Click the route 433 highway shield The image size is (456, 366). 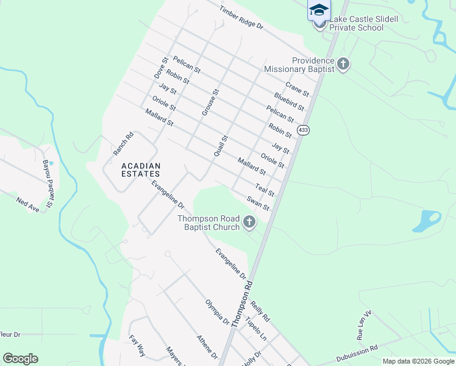point(304,130)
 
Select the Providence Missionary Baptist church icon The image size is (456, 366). point(343,63)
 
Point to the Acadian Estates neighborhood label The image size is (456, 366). point(141,170)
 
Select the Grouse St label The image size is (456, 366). point(210,102)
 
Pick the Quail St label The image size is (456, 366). point(220,146)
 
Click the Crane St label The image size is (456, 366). point(297,88)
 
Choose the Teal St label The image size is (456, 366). point(265,190)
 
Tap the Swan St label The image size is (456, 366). point(258,203)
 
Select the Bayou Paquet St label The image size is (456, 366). point(48,176)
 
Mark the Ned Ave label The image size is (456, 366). point(27,204)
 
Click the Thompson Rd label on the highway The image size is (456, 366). point(241,304)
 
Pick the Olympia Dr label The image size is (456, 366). point(217,312)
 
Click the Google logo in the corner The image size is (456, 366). point(21,358)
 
